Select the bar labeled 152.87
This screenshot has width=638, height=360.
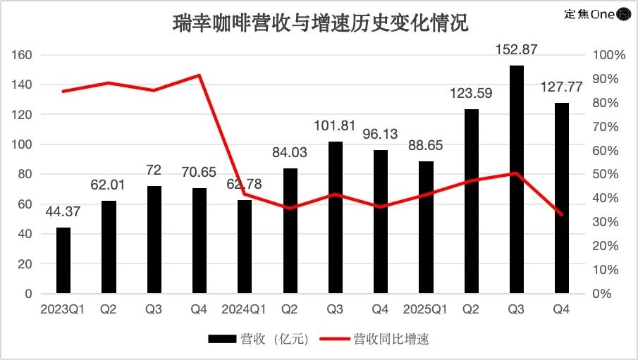[x=517, y=180]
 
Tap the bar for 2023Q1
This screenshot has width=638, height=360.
[x=63, y=260]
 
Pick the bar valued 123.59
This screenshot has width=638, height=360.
[x=471, y=201]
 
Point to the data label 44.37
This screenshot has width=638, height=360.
[x=63, y=213]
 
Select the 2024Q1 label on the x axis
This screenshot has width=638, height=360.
[x=244, y=309]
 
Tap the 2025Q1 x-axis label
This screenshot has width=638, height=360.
[x=426, y=309]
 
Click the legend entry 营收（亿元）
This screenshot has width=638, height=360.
[x=259, y=339]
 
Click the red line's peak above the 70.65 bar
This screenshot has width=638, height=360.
[x=199, y=75]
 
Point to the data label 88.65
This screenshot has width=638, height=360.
[x=426, y=146]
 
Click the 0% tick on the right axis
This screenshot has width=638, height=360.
[x=606, y=293]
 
